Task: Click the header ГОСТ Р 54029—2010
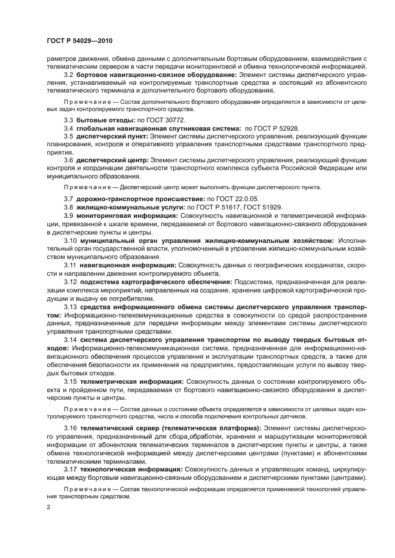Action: point(79,39)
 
